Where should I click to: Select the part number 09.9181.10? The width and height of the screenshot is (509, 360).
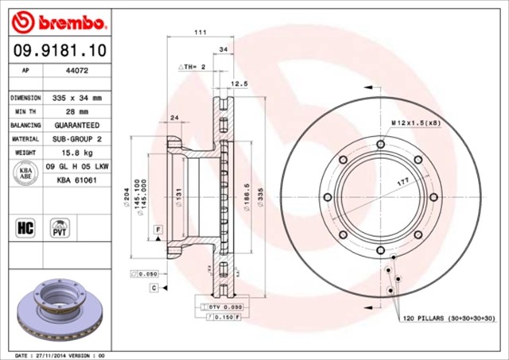pos(59,51)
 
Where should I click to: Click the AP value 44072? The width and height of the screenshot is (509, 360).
pos(76,70)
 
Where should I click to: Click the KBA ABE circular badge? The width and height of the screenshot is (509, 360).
pos(25,174)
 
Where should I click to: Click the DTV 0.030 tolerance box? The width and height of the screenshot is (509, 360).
pos(225,306)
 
